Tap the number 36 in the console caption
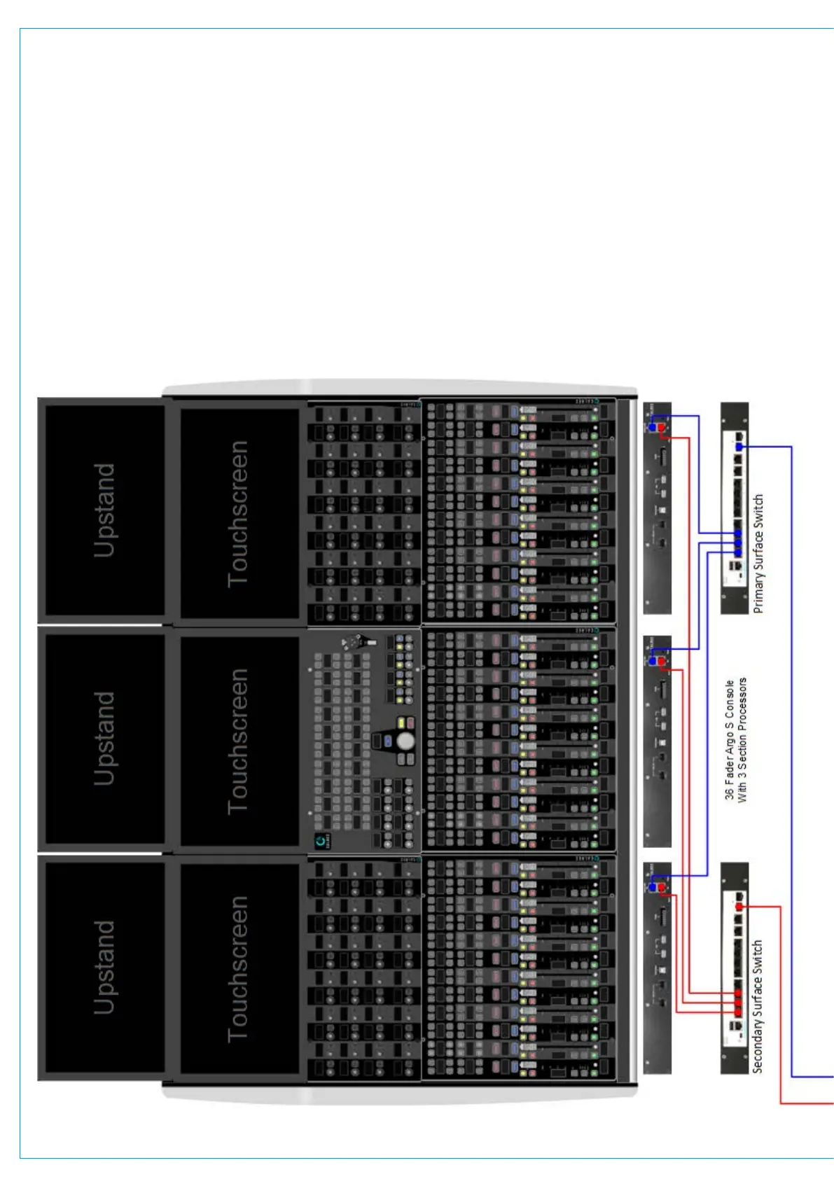coord(730,793)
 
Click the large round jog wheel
coord(405,741)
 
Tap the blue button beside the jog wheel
coord(387,740)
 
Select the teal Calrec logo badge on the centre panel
coord(321,841)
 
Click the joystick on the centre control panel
coord(359,641)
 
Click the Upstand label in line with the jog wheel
coord(104,739)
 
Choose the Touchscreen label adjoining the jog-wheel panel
coord(239,741)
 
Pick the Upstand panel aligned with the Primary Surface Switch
coord(104,510)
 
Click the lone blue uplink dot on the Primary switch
coord(739,446)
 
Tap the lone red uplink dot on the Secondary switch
coord(739,907)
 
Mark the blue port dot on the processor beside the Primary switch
coord(653,426)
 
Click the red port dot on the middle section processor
coord(661,661)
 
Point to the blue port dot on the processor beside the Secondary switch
coord(653,887)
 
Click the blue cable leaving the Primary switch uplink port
coord(791,770)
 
